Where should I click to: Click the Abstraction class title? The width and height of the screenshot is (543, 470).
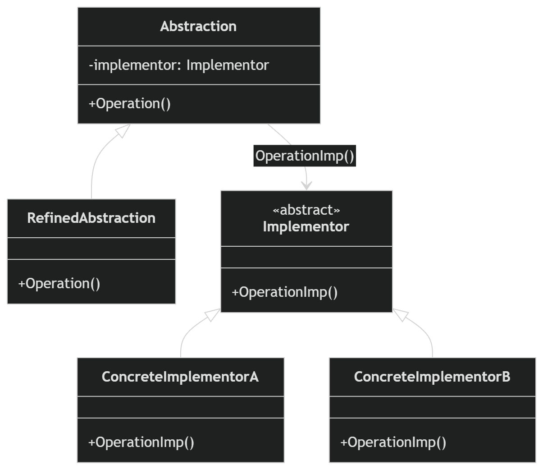(x=198, y=27)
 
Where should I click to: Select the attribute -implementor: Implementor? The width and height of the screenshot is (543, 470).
(x=179, y=65)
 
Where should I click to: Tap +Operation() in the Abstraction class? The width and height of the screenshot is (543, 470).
(x=130, y=104)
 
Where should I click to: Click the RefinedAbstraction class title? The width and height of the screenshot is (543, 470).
(x=91, y=218)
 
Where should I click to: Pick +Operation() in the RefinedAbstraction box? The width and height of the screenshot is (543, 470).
(x=59, y=284)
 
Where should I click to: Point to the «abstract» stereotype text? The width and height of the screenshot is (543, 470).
(x=306, y=210)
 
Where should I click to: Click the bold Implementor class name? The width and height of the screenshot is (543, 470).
(x=306, y=226)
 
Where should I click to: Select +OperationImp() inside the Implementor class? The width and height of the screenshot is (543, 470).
(x=284, y=292)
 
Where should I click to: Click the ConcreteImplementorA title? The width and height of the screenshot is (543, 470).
(x=180, y=377)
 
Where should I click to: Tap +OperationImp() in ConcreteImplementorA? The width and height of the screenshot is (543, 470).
(x=141, y=442)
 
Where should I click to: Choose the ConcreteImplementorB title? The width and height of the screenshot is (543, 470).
(x=432, y=377)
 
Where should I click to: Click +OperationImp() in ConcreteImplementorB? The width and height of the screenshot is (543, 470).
(x=393, y=442)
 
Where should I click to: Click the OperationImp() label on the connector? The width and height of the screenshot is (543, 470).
(x=305, y=156)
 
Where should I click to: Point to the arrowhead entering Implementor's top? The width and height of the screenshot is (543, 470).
(x=306, y=186)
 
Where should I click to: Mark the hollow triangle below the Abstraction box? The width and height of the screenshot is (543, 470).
(x=123, y=131)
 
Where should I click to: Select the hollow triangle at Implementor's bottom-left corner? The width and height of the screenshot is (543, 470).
(x=213, y=315)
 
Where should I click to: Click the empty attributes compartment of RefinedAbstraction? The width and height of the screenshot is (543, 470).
(x=91, y=249)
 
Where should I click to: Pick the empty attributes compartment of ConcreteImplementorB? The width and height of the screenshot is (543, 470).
(x=433, y=407)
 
